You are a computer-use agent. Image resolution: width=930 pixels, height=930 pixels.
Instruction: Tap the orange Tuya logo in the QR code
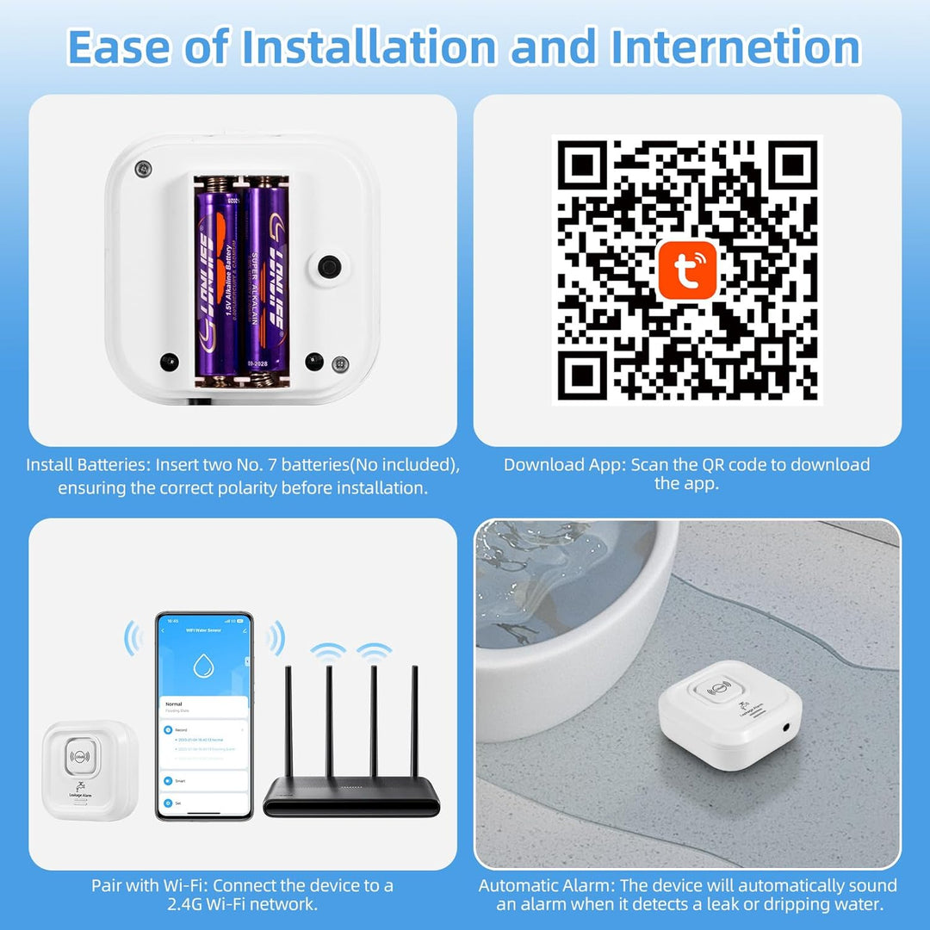(x=687, y=270)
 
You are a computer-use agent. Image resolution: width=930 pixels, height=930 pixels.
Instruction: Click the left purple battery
(x=218, y=280)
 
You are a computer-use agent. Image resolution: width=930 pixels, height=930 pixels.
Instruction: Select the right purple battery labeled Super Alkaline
(x=265, y=280)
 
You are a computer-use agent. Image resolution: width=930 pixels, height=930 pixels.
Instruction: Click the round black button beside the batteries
(x=328, y=266)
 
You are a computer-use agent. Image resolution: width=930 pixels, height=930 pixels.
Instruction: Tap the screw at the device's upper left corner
(x=143, y=168)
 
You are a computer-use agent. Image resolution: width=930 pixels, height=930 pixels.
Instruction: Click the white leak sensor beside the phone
(x=88, y=769)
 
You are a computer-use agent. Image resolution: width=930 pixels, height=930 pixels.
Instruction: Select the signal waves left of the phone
(x=133, y=639)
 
